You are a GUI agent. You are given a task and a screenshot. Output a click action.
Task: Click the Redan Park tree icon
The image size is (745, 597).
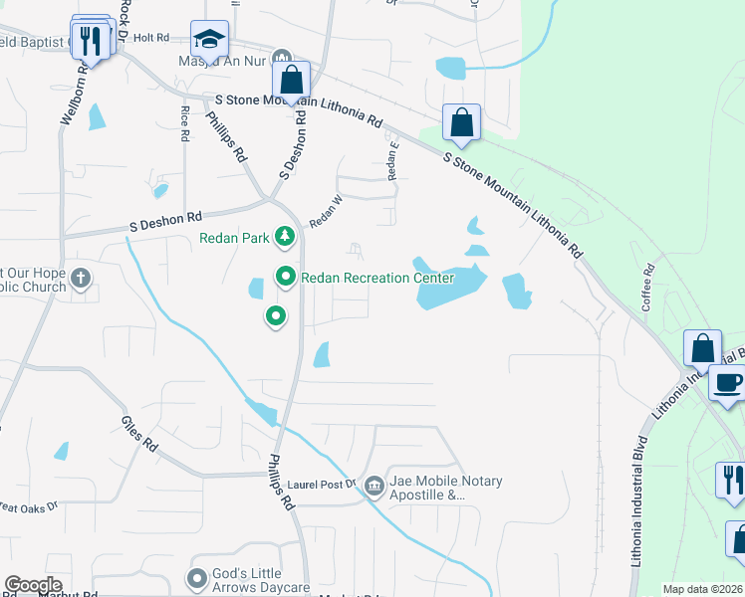point(286,237)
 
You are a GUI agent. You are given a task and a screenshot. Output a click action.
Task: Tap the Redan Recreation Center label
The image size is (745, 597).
point(377,278)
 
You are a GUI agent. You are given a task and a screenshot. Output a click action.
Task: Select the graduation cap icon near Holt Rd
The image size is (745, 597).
point(209,40)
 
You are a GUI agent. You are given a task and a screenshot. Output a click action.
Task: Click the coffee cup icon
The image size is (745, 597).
point(727,383)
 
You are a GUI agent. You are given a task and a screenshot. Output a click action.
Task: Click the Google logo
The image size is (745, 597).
point(33,585)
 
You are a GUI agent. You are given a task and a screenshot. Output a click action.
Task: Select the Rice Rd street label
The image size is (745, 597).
point(185,124)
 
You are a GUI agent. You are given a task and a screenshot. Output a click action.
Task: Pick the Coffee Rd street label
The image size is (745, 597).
point(647,288)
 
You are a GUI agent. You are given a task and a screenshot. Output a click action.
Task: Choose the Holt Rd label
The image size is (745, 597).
point(151,37)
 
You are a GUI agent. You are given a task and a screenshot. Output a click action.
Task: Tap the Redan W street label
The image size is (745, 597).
point(326,209)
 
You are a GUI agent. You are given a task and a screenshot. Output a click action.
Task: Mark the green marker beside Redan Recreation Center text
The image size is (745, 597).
point(286,278)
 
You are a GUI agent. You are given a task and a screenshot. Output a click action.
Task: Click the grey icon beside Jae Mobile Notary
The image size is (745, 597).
point(373,486)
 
